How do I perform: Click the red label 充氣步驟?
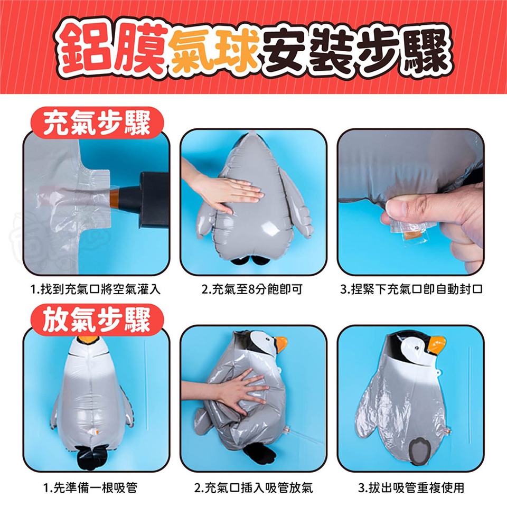point(97,123)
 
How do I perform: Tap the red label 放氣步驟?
point(97,320)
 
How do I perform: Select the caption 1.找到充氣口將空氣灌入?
point(96,289)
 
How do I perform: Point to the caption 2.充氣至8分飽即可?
point(252,289)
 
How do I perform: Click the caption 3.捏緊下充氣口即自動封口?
point(411,289)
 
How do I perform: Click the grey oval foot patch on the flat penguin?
point(418,450)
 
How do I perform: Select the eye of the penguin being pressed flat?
point(268,340)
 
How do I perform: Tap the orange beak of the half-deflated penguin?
point(280,344)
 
